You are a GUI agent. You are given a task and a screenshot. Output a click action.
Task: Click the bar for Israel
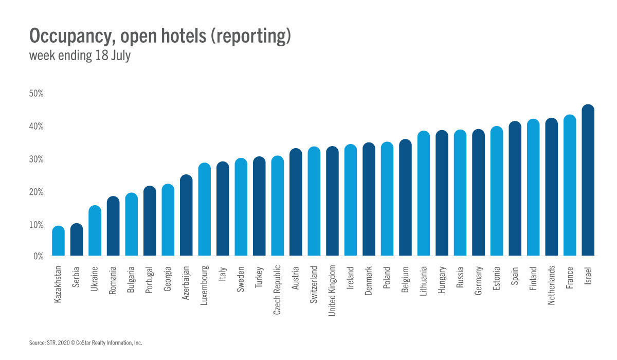[588, 180]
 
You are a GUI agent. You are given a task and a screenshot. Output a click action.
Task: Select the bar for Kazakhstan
[59, 241]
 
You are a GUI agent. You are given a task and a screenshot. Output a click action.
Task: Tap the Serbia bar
[77, 239]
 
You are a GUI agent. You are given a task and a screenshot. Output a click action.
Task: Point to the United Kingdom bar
[332, 201]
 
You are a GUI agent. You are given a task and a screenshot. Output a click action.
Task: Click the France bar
[570, 185]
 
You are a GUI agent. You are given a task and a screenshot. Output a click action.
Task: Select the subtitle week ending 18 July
[80, 56]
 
